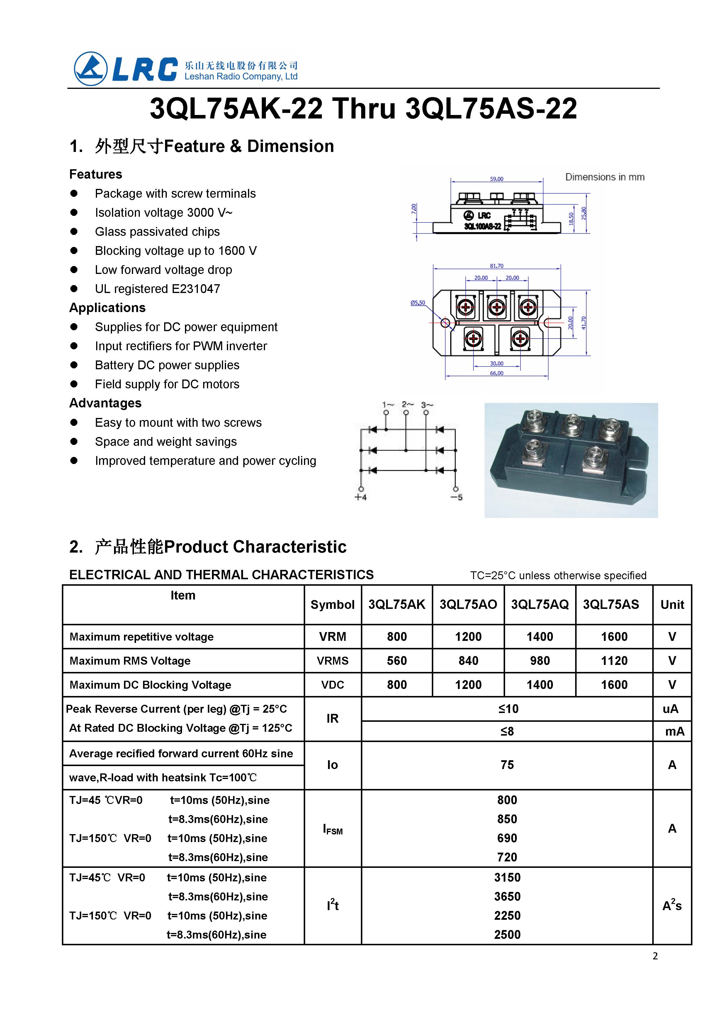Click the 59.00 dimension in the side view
pos(497,179)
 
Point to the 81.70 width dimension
pos(497,266)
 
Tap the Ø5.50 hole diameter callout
pos(418,303)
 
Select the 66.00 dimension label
pos(497,373)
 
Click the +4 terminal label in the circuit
pos(361,497)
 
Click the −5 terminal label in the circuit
pos(457,497)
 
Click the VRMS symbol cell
pos(333,661)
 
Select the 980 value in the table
pos(540,661)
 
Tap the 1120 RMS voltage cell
pos(614,661)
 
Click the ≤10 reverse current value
pos(507,709)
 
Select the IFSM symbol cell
pos(333,829)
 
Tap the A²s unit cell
pos(672,905)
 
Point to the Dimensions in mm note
pos(605,177)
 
